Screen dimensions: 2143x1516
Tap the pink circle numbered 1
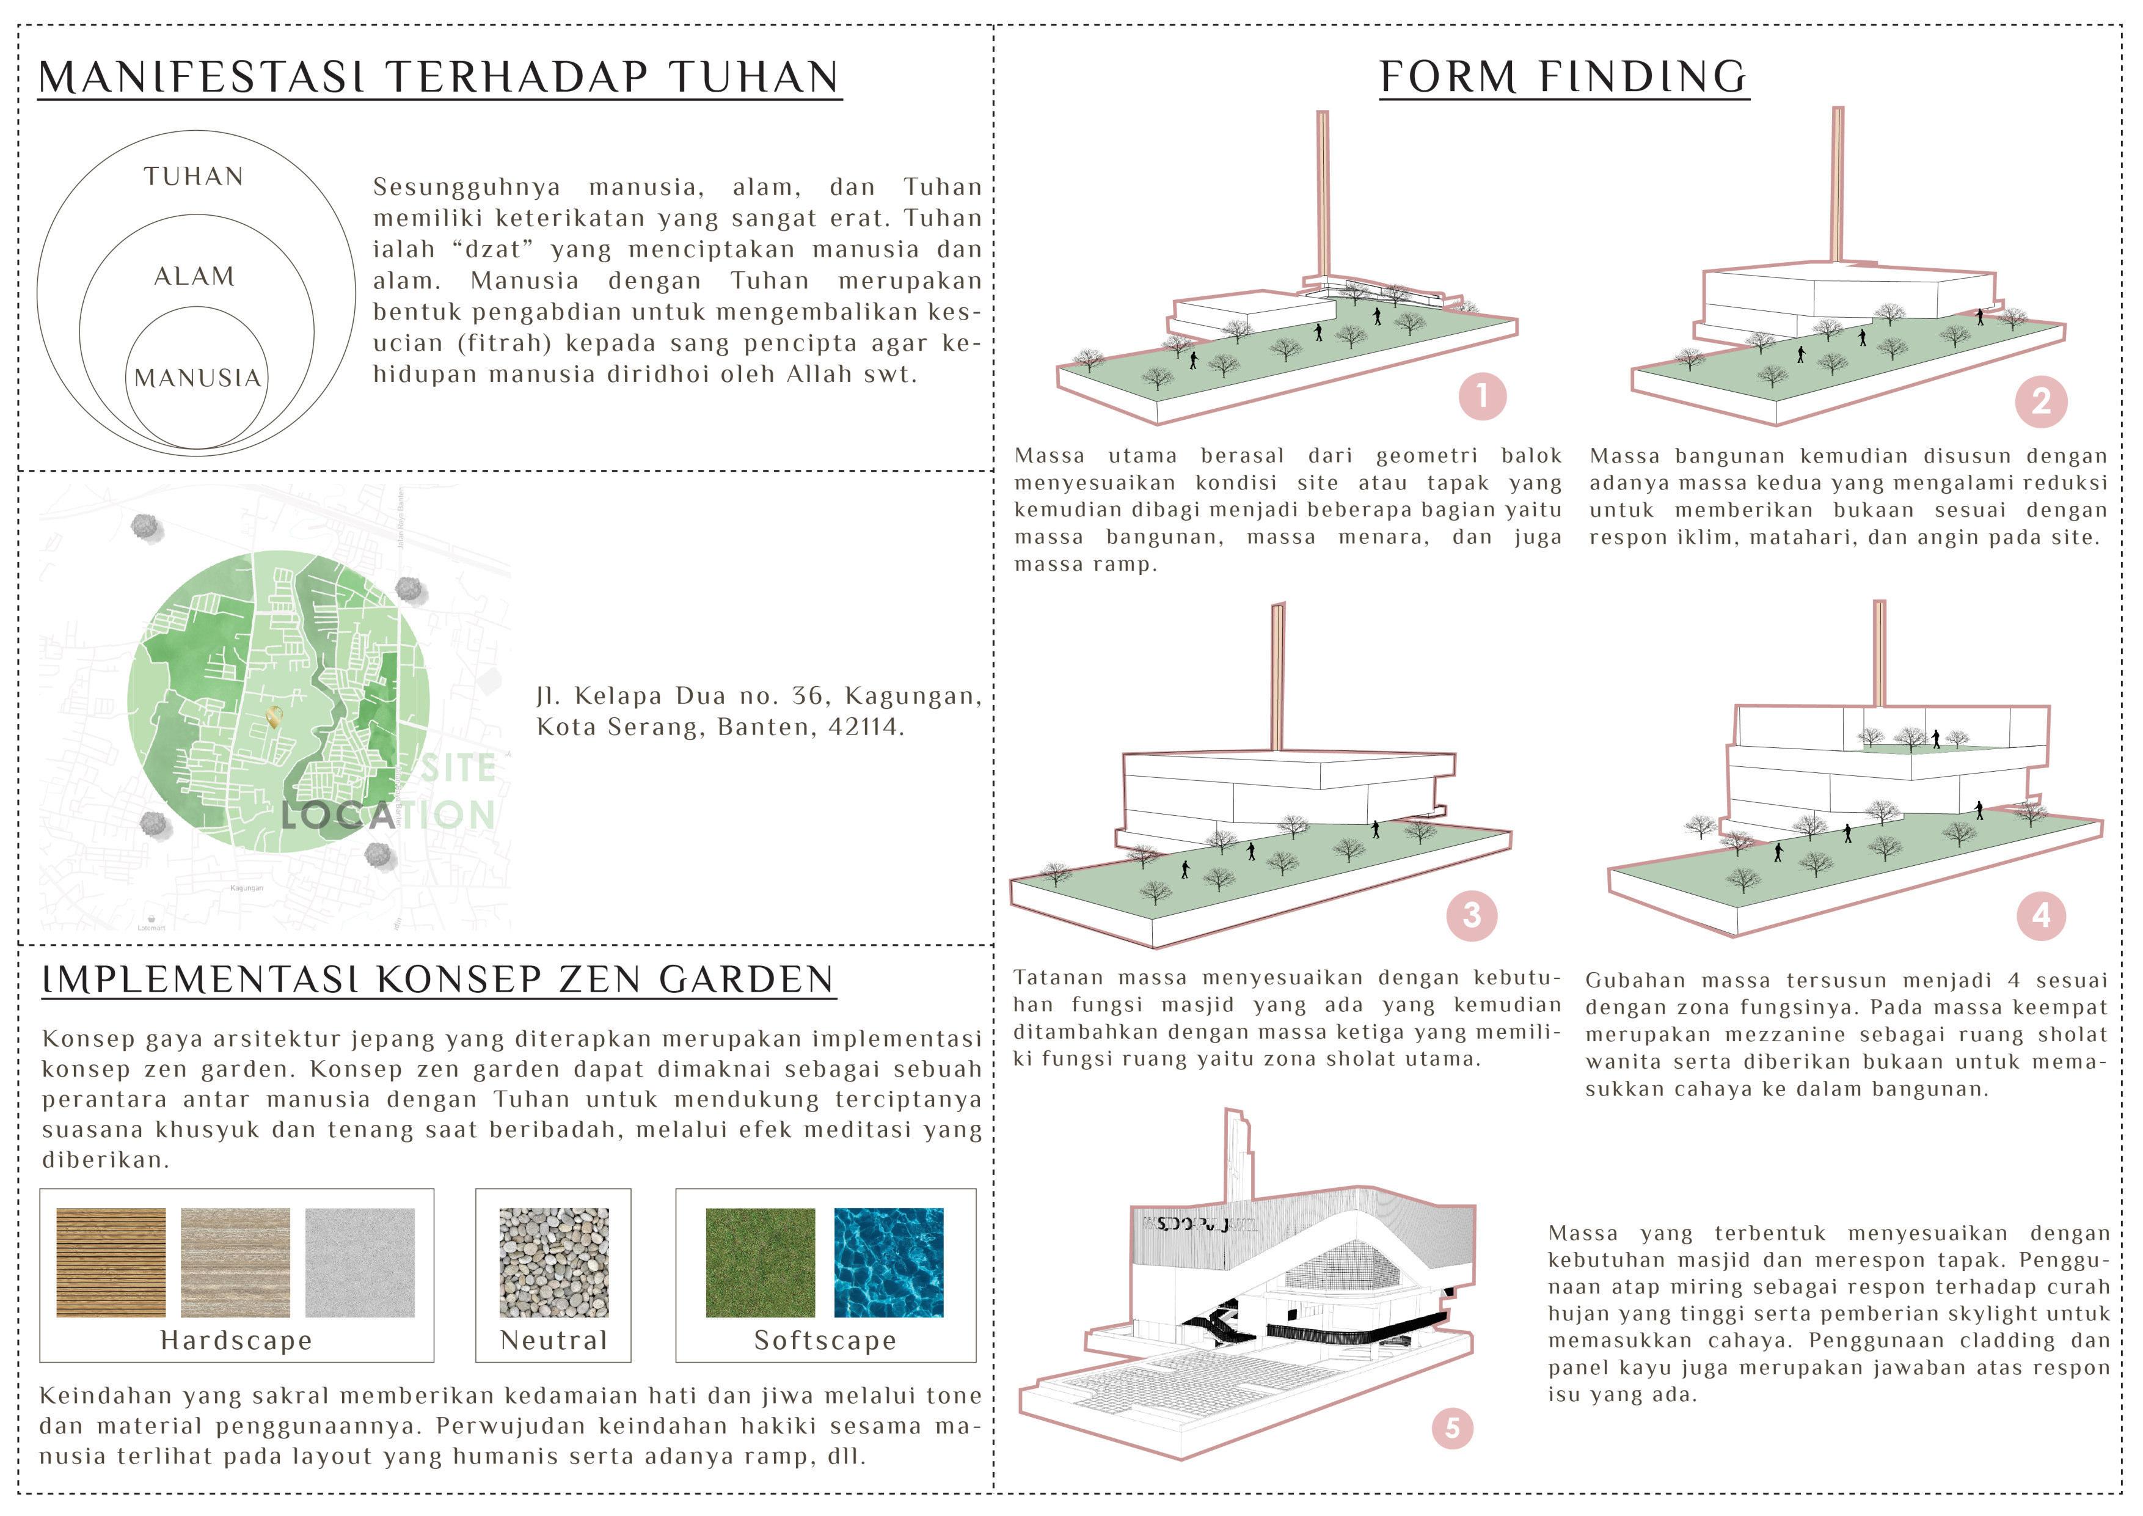pyautogui.click(x=1482, y=396)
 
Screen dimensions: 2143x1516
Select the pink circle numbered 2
pyautogui.click(x=2041, y=401)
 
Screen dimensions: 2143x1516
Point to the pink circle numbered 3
pyautogui.click(x=1472, y=915)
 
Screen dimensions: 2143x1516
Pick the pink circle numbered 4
pyautogui.click(x=2041, y=915)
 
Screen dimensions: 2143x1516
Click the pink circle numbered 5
pyautogui.click(x=1452, y=1428)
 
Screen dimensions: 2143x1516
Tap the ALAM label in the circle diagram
pyautogui.click(x=194, y=276)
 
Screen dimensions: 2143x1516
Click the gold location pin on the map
pyautogui.click(x=274, y=717)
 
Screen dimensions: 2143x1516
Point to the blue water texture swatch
pyautogui.click(x=889, y=1263)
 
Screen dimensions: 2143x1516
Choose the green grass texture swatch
pyautogui.click(x=760, y=1263)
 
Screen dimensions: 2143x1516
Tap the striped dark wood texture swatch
pyautogui.click(x=111, y=1263)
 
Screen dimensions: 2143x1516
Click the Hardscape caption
pyautogui.click(x=236, y=1341)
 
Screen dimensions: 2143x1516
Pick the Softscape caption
pyautogui.click(x=825, y=1341)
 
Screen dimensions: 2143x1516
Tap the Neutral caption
pyautogui.click(x=553, y=1341)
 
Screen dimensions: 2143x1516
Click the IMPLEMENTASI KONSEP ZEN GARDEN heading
pyautogui.click(x=438, y=980)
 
